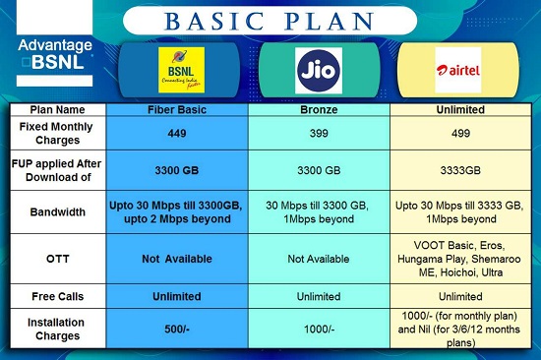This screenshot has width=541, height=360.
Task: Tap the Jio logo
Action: pyautogui.click(x=319, y=70)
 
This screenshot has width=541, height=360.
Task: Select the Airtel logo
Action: pyautogui.click(x=457, y=70)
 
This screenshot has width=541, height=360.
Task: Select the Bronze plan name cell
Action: pyautogui.click(x=318, y=109)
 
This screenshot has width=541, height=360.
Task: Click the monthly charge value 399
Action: pyautogui.click(x=318, y=132)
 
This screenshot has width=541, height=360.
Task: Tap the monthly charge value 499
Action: pyautogui.click(x=457, y=132)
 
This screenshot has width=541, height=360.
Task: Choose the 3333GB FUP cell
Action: pyautogui.click(x=457, y=170)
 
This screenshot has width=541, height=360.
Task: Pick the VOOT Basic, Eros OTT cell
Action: pyautogui.click(x=457, y=257)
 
